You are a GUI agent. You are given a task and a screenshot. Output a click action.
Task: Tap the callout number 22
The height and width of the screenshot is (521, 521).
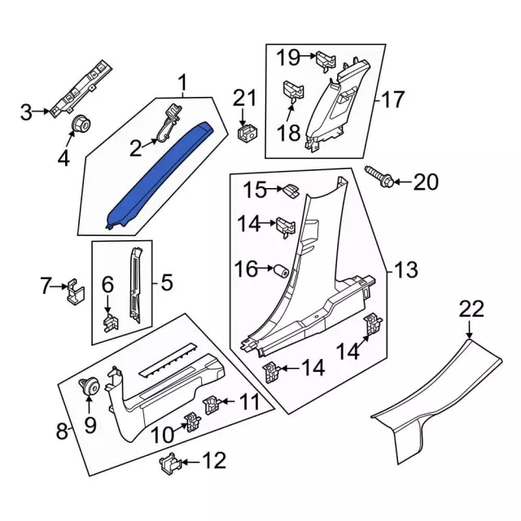(x=471, y=309)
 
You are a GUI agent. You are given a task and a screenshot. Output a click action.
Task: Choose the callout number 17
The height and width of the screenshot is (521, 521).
(x=393, y=101)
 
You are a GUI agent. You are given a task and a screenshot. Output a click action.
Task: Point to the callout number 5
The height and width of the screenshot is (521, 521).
(x=166, y=282)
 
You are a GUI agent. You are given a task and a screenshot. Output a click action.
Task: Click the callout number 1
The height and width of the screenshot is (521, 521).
(x=182, y=82)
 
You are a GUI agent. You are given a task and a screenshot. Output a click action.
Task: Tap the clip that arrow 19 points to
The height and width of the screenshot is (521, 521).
(x=325, y=59)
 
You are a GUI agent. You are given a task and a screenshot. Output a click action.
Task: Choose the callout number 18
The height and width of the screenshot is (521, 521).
(x=289, y=133)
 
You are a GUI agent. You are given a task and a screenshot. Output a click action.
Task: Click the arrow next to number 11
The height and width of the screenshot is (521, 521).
(x=230, y=401)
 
